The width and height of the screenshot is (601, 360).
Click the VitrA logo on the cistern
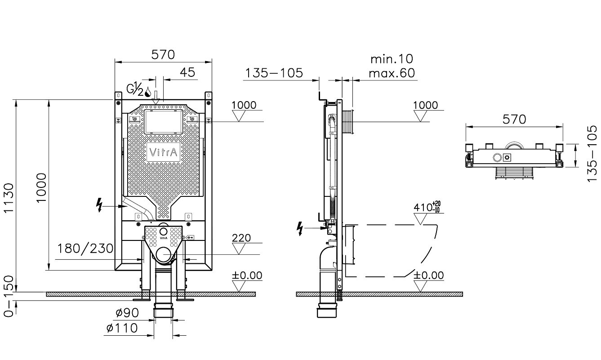tap(163, 152)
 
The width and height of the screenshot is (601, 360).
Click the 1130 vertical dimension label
tap(9, 198)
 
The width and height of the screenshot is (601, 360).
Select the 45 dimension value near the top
tap(187, 72)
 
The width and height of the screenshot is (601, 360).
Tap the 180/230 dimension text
tap(85, 249)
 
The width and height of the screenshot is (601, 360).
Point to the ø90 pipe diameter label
tap(127, 312)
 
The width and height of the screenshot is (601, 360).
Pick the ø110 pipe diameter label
tap(122, 328)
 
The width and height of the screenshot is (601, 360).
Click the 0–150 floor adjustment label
tap(9, 296)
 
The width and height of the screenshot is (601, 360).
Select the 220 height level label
tap(241, 238)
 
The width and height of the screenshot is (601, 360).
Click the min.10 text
tap(392, 59)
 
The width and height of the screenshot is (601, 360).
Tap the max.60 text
tap(392, 73)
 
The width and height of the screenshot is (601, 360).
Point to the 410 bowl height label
tap(427, 207)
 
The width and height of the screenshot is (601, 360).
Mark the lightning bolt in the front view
tap(99, 205)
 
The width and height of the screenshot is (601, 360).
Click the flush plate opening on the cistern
tap(163, 122)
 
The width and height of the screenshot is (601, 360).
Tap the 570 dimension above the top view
tap(514, 119)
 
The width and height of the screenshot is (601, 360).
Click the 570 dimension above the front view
tap(163, 54)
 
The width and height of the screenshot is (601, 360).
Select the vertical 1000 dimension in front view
tap(41, 187)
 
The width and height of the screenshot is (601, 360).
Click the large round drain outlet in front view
tap(163, 254)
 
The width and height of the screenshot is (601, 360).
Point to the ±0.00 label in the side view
tap(428, 275)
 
